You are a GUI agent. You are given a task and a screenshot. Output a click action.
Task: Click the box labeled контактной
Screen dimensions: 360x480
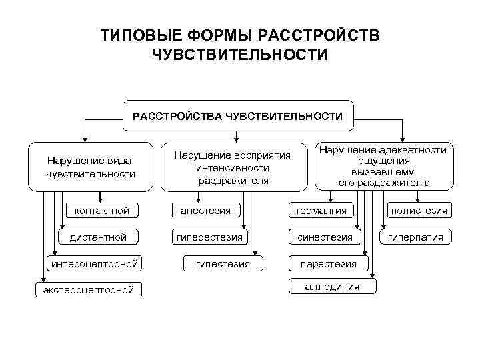103,211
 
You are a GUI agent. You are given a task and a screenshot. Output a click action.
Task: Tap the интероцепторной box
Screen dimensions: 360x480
95,263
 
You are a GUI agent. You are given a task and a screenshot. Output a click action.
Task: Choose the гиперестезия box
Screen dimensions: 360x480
209,237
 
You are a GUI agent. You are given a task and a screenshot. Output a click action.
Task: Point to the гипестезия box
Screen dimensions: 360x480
223,263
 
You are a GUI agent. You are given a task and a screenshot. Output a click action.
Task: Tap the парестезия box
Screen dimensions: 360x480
328,263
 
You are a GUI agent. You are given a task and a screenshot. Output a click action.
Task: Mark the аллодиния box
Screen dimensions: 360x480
331,286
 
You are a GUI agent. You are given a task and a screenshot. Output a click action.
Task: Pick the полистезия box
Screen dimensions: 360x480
419,211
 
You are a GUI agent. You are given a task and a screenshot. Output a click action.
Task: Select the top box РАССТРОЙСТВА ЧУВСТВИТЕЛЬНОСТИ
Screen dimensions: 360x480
238,116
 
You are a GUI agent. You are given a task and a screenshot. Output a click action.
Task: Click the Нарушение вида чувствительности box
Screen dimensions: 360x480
90,167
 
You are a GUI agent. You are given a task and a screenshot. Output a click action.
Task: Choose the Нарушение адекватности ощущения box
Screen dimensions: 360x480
383,166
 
